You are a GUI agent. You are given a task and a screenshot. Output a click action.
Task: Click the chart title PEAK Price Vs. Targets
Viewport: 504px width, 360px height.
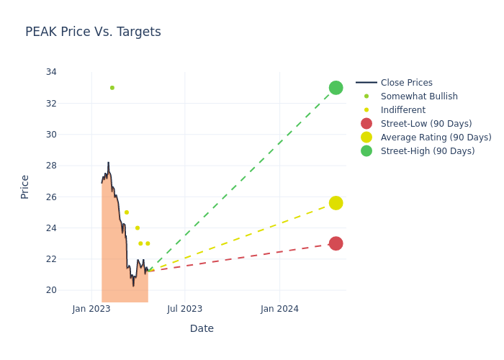93,32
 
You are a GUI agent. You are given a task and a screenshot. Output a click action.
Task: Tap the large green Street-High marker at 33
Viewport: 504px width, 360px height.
336,88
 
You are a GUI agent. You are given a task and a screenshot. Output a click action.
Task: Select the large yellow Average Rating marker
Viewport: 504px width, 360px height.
336,203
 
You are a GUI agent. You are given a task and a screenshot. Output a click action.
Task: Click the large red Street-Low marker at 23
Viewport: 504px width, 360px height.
336,243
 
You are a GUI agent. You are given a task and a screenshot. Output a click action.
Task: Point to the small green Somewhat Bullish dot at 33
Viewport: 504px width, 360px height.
112,88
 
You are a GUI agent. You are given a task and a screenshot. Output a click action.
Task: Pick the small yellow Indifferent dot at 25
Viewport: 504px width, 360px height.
127,212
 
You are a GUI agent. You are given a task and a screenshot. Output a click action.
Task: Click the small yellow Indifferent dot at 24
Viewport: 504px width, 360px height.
138,228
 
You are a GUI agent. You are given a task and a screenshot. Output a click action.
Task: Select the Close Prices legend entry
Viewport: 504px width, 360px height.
406,83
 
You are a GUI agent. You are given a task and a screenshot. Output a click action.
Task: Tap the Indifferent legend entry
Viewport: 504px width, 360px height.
402,110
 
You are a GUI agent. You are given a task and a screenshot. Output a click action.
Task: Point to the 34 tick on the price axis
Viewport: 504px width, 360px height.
51,72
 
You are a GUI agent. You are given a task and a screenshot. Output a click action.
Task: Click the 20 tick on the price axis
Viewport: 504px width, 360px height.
51,290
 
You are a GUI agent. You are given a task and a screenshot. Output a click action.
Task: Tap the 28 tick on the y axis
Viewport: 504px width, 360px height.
51,166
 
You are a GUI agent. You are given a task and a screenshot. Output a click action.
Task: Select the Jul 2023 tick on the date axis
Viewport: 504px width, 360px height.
185,309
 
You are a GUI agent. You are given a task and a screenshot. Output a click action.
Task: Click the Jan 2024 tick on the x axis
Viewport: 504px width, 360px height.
279,309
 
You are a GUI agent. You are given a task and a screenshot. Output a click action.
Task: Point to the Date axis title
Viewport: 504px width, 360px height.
202,328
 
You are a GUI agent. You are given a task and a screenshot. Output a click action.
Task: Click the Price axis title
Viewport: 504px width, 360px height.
25,186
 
